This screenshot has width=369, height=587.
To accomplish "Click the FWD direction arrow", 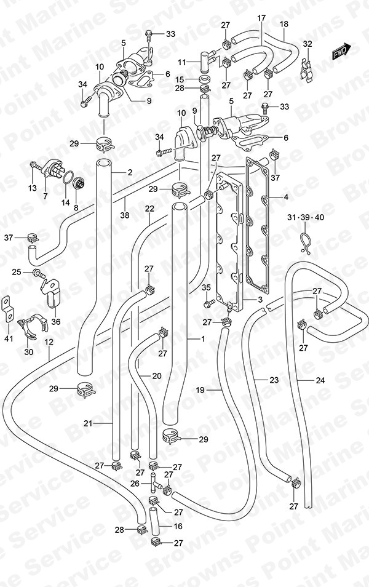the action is coord(341,51).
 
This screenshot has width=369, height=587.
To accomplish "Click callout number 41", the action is coord(9,339).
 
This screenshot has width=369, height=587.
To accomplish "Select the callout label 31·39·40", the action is coord(306,217).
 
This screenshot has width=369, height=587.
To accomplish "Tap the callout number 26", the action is coord(135,484).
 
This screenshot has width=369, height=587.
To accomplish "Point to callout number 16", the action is coord(178,526).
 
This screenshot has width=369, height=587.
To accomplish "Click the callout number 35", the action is coord(207,287).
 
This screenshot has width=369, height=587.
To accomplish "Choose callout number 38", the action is coord(125,215).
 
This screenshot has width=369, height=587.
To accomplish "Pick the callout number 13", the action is coord(33,188).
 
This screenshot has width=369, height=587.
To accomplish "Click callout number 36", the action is coord(56,322).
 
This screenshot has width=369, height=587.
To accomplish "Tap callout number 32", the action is coord(307,44).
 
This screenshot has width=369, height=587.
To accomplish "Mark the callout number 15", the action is coord(180,79).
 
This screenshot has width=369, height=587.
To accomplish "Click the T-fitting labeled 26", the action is coord(154,483).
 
